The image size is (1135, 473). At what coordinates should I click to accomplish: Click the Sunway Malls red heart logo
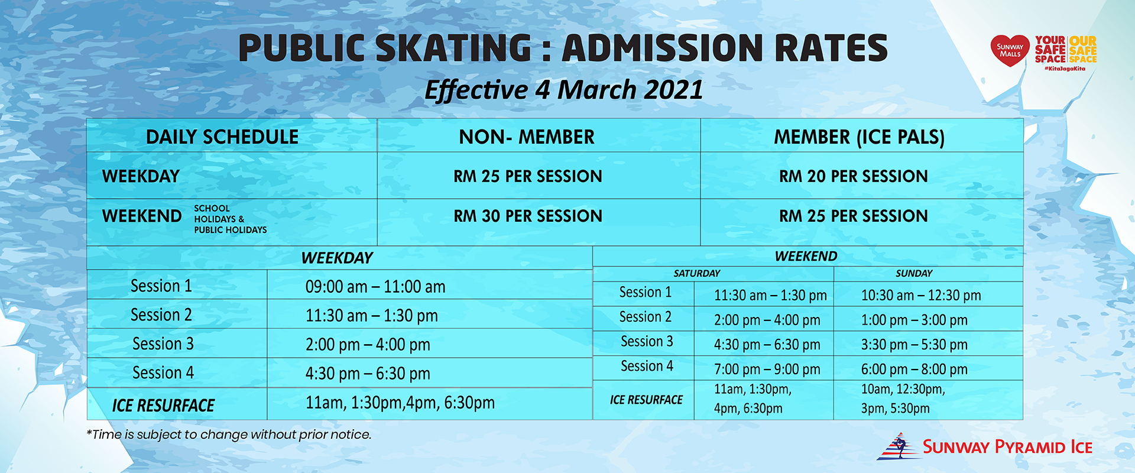pos(1010,50)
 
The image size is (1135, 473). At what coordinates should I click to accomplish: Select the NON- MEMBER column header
pos(526,137)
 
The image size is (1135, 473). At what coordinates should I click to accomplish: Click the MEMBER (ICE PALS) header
pos(859,137)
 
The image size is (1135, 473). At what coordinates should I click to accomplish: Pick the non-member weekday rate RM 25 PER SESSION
pos(527,176)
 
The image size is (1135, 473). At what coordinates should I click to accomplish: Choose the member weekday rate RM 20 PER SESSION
pos(853,176)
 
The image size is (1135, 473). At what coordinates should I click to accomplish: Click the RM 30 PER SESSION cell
pos(527,216)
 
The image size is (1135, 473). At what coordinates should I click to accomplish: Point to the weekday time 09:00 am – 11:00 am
pos(375,287)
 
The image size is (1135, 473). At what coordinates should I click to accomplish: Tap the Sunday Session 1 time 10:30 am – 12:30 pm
pos(920,295)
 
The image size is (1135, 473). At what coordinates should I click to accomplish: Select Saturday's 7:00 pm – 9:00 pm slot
pos(767,370)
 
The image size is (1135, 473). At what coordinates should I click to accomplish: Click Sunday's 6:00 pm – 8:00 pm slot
pos(914,370)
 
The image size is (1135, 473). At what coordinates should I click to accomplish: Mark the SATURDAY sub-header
pos(696,273)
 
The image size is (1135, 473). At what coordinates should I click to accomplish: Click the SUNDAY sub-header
pos(913,273)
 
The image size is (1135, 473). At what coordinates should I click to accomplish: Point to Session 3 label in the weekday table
pos(163,344)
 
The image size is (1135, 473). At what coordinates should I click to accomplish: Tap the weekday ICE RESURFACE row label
pos(163,406)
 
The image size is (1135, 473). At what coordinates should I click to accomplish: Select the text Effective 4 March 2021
pos(563,90)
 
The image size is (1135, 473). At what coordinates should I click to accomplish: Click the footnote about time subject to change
pos(229,435)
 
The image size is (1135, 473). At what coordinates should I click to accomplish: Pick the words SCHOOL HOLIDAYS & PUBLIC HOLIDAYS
pos(229,219)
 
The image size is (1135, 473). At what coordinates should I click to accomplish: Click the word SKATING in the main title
pos(453,48)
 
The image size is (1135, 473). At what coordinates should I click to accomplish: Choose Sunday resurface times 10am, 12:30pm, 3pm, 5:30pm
pos(903,399)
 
